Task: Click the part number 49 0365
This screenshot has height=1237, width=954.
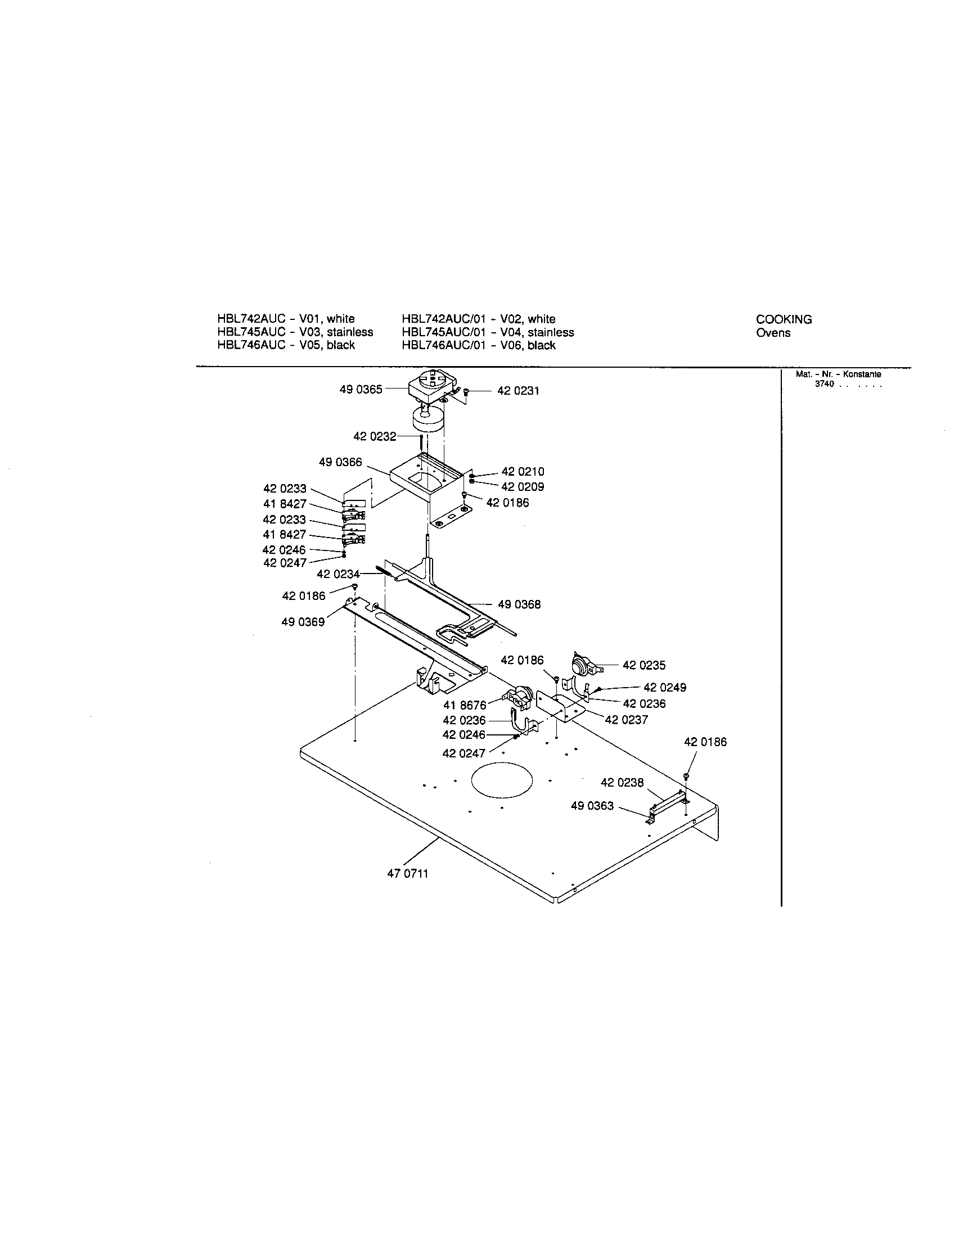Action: tap(361, 390)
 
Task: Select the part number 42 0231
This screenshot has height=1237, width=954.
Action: tap(518, 391)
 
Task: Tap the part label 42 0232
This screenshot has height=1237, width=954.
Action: tap(375, 437)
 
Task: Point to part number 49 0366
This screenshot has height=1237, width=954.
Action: tap(340, 462)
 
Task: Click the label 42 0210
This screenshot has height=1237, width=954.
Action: tap(523, 472)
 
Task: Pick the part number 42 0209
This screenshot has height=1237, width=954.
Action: tap(523, 486)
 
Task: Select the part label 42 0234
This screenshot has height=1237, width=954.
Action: tap(338, 574)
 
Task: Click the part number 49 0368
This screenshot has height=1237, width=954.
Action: tap(519, 605)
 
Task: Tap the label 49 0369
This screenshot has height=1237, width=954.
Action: tap(303, 622)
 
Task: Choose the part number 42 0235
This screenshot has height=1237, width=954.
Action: tap(644, 666)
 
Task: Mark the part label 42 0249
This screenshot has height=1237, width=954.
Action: tap(664, 688)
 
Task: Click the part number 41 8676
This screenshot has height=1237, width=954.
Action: tap(465, 705)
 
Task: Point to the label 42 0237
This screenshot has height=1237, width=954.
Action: tap(626, 720)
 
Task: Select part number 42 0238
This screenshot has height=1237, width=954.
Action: tap(622, 783)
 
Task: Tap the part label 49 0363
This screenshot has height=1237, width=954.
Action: tap(592, 806)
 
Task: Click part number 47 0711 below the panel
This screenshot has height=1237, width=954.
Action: tap(408, 873)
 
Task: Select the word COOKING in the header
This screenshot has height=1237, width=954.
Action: tap(784, 319)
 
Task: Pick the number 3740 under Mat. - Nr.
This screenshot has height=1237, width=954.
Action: tap(824, 384)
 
